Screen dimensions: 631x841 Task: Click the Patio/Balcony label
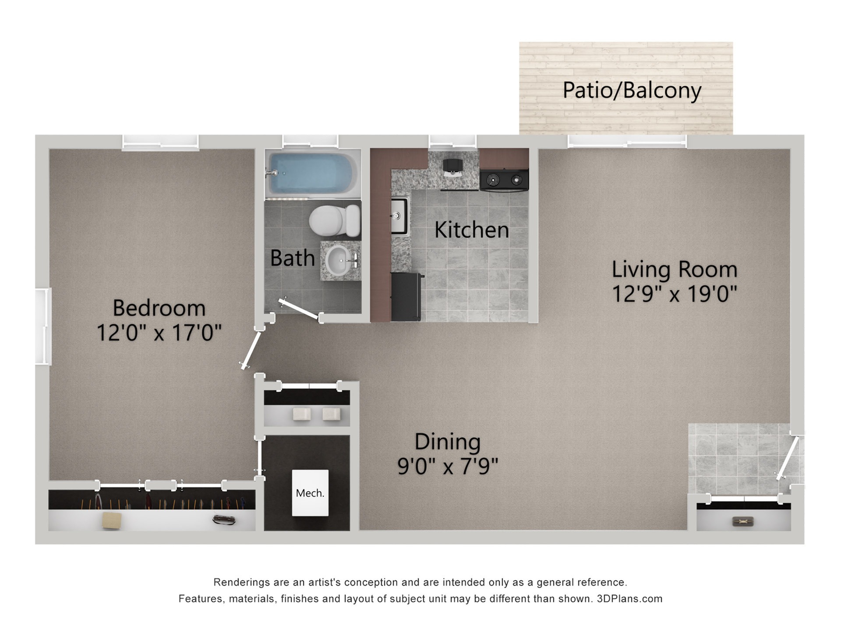(x=632, y=90)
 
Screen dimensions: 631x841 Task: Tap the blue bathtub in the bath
(x=312, y=173)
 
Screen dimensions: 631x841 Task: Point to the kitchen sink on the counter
(x=399, y=216)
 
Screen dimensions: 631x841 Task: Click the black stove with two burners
(x=504, y=180)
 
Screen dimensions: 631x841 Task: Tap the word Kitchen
(x=471, y=230)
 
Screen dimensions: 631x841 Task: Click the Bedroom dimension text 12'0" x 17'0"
(x=159, y=333)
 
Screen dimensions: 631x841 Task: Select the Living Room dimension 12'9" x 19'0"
(x=674, y=294)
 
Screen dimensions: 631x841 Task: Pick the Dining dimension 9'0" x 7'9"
(x=448, y=466)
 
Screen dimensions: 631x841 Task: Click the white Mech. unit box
(x=310, y=493)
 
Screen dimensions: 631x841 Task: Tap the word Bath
(x=292, y=258)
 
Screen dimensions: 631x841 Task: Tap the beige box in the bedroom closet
(x=112, y=520)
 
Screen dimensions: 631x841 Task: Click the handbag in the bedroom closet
(x=224, y=520)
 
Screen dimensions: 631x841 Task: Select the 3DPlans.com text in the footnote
(x=629, y=599)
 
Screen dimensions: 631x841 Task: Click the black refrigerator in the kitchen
(x=406, y=297)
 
